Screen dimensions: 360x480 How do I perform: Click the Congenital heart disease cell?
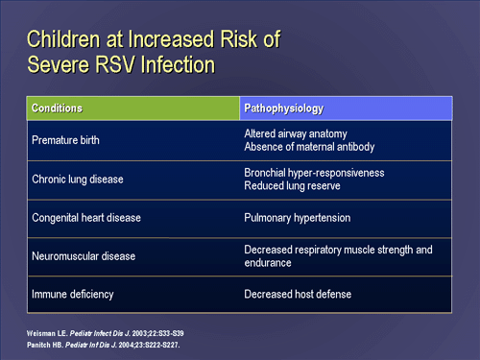pos(86,218)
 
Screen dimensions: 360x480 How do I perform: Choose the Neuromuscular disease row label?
pos(84,256)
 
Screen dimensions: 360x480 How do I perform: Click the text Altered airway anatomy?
pos(295,133)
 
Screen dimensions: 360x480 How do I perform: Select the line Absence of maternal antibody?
pos(309,147)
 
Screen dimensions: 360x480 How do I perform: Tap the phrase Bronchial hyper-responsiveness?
pos(314,173)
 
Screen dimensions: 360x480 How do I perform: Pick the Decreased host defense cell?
pos(297,294)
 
